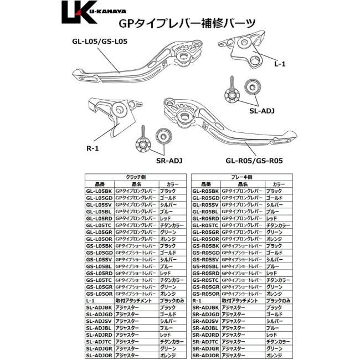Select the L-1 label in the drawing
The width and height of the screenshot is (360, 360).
pos(280,64)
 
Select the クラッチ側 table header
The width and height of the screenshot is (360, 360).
pos(135,177)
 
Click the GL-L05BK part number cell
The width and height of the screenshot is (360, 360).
pos(99,191)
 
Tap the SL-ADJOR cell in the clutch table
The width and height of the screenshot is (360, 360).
pos(99,356)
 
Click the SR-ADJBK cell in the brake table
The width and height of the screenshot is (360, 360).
pos(205,307)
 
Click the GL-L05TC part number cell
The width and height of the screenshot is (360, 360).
pos(99,225)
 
